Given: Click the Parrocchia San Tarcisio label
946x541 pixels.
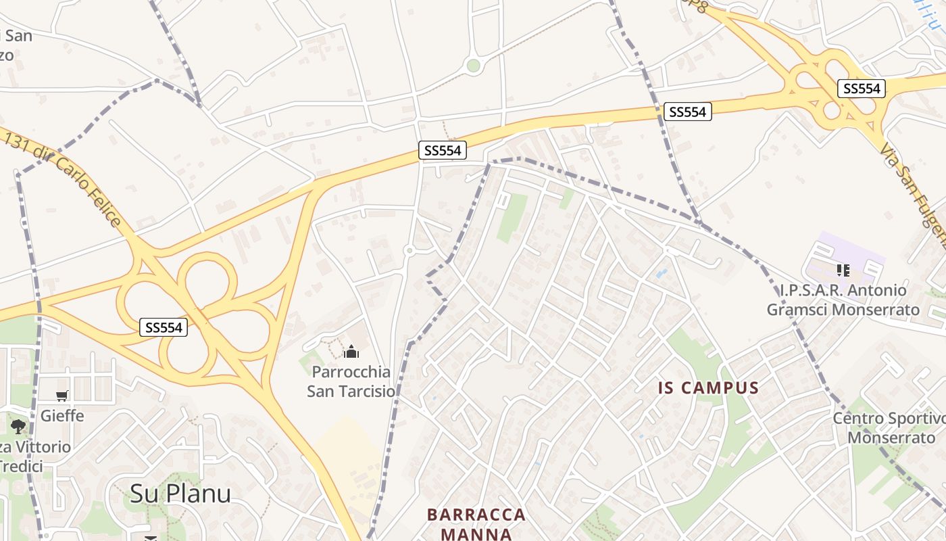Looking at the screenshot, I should click(351, 381).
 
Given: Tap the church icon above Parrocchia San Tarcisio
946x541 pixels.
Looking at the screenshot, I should click(351, 352).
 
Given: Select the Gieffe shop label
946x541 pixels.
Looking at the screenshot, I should click(62, 415).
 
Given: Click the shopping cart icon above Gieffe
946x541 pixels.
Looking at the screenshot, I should click(62, 396).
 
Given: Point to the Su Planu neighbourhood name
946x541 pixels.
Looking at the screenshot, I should click(180, 493).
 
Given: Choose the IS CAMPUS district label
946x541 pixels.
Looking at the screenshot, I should click(709, 388).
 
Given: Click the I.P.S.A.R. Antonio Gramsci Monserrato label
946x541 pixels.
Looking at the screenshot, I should click(843, 300).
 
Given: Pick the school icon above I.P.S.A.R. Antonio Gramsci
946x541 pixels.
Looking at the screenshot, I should click(843, 270).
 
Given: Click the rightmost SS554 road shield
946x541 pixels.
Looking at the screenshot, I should click(862, 89).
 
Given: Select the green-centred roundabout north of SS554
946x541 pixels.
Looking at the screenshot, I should click(473, 66).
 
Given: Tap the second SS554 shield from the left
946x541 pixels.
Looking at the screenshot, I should click(443, 151).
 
